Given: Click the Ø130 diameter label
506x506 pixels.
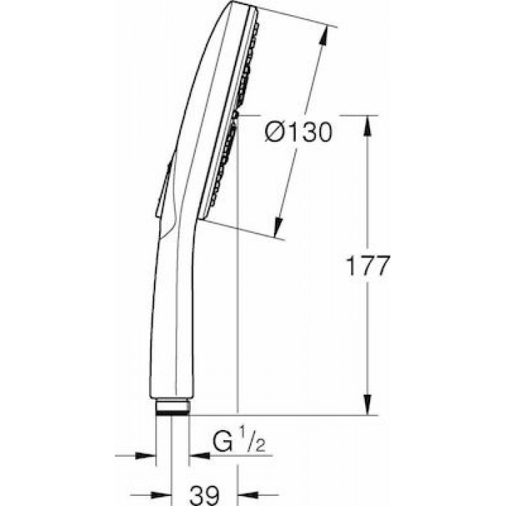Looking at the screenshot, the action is [x=298, y=132].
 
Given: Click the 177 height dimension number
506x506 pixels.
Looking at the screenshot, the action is [x=367, y=266].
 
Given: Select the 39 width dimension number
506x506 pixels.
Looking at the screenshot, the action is [x=205, y=495].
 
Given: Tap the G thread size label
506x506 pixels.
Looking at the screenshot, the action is [x=223, y=442].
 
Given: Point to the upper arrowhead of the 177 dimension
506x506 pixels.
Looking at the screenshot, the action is [x=367, y=127].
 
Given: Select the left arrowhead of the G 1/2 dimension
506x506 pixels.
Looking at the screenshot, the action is [x=145, y=455].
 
